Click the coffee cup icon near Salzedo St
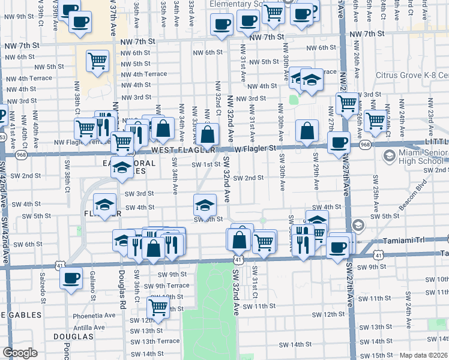click(71, 278)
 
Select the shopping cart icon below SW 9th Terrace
click(158, 307)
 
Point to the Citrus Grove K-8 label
click(412, 75)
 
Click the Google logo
click(20, 353)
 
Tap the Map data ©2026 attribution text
click(424, 355)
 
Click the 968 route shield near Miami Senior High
click(365, 145)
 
